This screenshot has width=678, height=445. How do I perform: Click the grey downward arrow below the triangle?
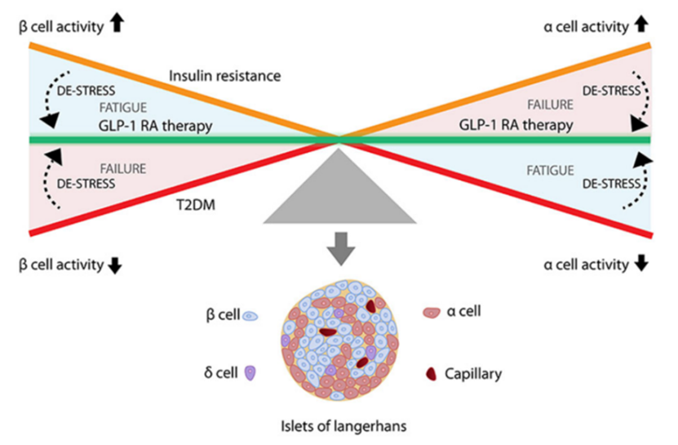338,247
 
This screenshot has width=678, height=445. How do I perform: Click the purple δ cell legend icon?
250,372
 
